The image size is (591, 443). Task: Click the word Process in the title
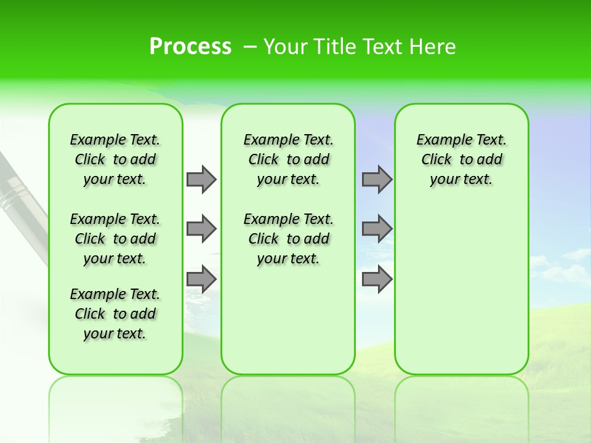coord(190,47)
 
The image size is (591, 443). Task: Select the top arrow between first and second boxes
coord(201,179)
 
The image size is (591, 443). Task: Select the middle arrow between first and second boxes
coord(201,229)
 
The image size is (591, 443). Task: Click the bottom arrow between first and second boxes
coord(201,279)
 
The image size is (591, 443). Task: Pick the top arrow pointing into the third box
coord(377,179)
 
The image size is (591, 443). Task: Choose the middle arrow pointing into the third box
coord(377,229)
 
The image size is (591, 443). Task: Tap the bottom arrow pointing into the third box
coord(377,279)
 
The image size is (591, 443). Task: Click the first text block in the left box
coord(115,159)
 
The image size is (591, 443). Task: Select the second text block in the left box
coord(115,239)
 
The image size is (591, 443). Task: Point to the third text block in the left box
coord(115,314)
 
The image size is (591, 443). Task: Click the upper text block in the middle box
coord(288,159)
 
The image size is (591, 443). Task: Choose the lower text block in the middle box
coord(288,239)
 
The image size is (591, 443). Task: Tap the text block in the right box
coord(461,159)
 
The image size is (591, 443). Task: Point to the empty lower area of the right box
coord(461,295)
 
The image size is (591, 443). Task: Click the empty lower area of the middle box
coord(288,320)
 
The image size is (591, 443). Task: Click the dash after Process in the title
coord(251,47)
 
